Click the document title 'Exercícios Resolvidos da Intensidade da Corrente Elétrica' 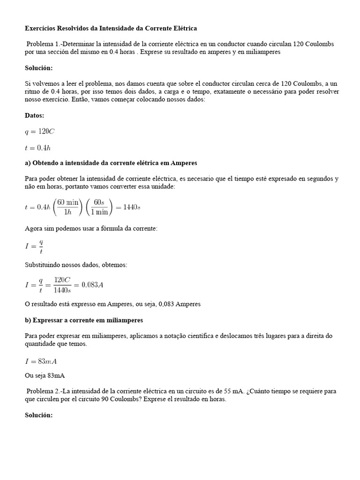point(111,29)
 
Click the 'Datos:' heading point(34,115)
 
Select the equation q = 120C point(40,131)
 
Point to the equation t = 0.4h point(37,148)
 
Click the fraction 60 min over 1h point(66,207)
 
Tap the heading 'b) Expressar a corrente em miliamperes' point(84,320)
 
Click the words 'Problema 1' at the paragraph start point(44,44)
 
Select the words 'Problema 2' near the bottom point(44,391)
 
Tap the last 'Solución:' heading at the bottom point(38,415)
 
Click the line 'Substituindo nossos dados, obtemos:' point(76,265)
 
